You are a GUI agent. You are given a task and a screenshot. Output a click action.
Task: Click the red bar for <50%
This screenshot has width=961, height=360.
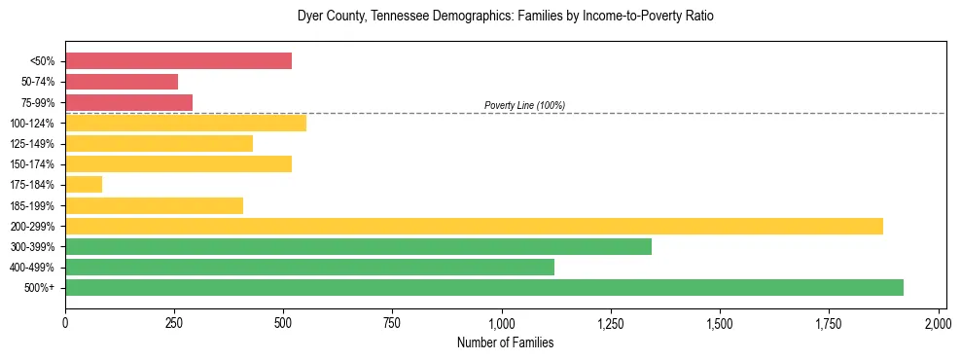click(178, 61)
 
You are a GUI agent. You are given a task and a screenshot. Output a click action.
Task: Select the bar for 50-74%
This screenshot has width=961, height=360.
click(122, 82)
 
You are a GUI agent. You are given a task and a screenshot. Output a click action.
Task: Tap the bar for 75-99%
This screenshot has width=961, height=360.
click(128, 102)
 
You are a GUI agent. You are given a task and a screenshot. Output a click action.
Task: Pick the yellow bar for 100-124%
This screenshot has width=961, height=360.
click(186, 123)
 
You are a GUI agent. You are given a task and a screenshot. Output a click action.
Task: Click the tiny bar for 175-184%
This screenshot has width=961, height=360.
click(84, 185)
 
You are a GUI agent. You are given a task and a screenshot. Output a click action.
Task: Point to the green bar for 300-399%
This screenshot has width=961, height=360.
click(358, 246)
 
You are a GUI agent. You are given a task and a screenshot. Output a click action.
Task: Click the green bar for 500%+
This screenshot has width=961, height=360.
click(484, 287)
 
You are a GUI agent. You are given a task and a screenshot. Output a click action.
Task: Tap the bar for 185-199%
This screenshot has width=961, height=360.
click(154, 205)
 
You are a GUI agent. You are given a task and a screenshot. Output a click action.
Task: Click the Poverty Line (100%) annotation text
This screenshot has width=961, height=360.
click(524, 105)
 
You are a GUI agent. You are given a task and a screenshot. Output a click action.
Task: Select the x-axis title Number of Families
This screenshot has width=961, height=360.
click(505, 342)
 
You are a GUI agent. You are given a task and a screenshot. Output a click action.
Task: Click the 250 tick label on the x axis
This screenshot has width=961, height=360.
click(174, 322)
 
